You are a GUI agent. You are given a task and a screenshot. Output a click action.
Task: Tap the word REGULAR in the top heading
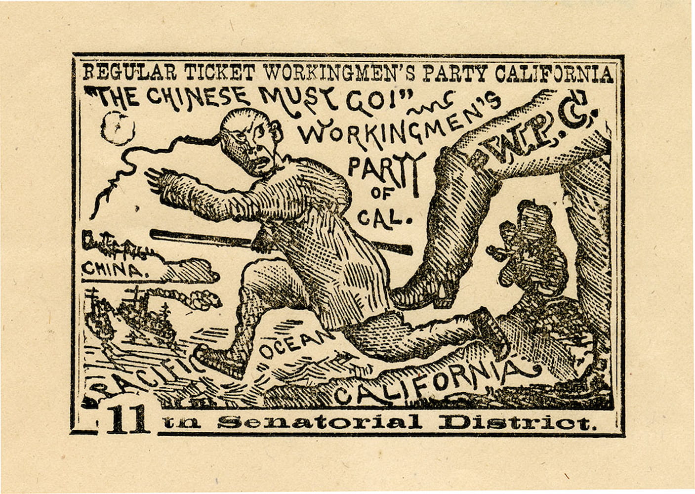(x=130, y=73)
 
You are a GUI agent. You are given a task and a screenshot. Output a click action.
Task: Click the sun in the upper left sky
(x=118, y=127)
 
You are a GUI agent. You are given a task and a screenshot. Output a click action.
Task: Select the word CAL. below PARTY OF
(x=384, y=217)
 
